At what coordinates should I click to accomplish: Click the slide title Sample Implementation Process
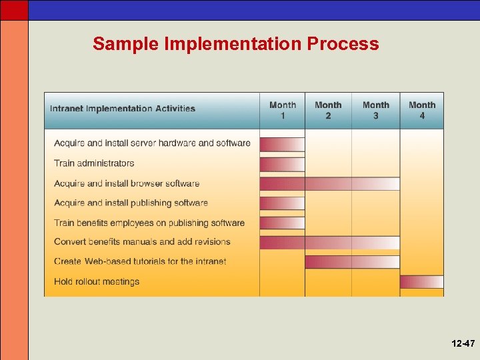coord(235,44)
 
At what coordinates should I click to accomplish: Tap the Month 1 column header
coord(283,110)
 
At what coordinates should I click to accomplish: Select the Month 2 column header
coord(328,110)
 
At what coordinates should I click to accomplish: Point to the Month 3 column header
coord(376,110)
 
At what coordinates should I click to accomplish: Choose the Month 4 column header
coord(422,110)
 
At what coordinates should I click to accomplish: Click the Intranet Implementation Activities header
coord(123,109)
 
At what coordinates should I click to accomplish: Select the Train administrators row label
coord(94,163)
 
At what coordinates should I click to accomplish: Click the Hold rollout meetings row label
coord(97,281)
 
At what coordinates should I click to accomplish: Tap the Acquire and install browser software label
coord(127,183)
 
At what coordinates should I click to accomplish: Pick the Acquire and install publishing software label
coord(131,203)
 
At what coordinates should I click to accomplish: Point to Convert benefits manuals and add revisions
coord(142,242)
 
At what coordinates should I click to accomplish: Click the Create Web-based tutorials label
coord(140,261)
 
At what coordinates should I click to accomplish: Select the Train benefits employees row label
coord(149,223)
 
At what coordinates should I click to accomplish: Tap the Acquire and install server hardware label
coord(152,143)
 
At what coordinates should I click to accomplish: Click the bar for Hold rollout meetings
coord(421,282)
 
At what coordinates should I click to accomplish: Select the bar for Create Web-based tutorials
coord(352,262)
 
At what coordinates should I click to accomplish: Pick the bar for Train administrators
coord(282,164)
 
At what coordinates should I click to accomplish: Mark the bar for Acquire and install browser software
coord(329,183)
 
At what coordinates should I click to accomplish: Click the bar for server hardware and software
coord(282,144)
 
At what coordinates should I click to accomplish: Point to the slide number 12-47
coord(463,343)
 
